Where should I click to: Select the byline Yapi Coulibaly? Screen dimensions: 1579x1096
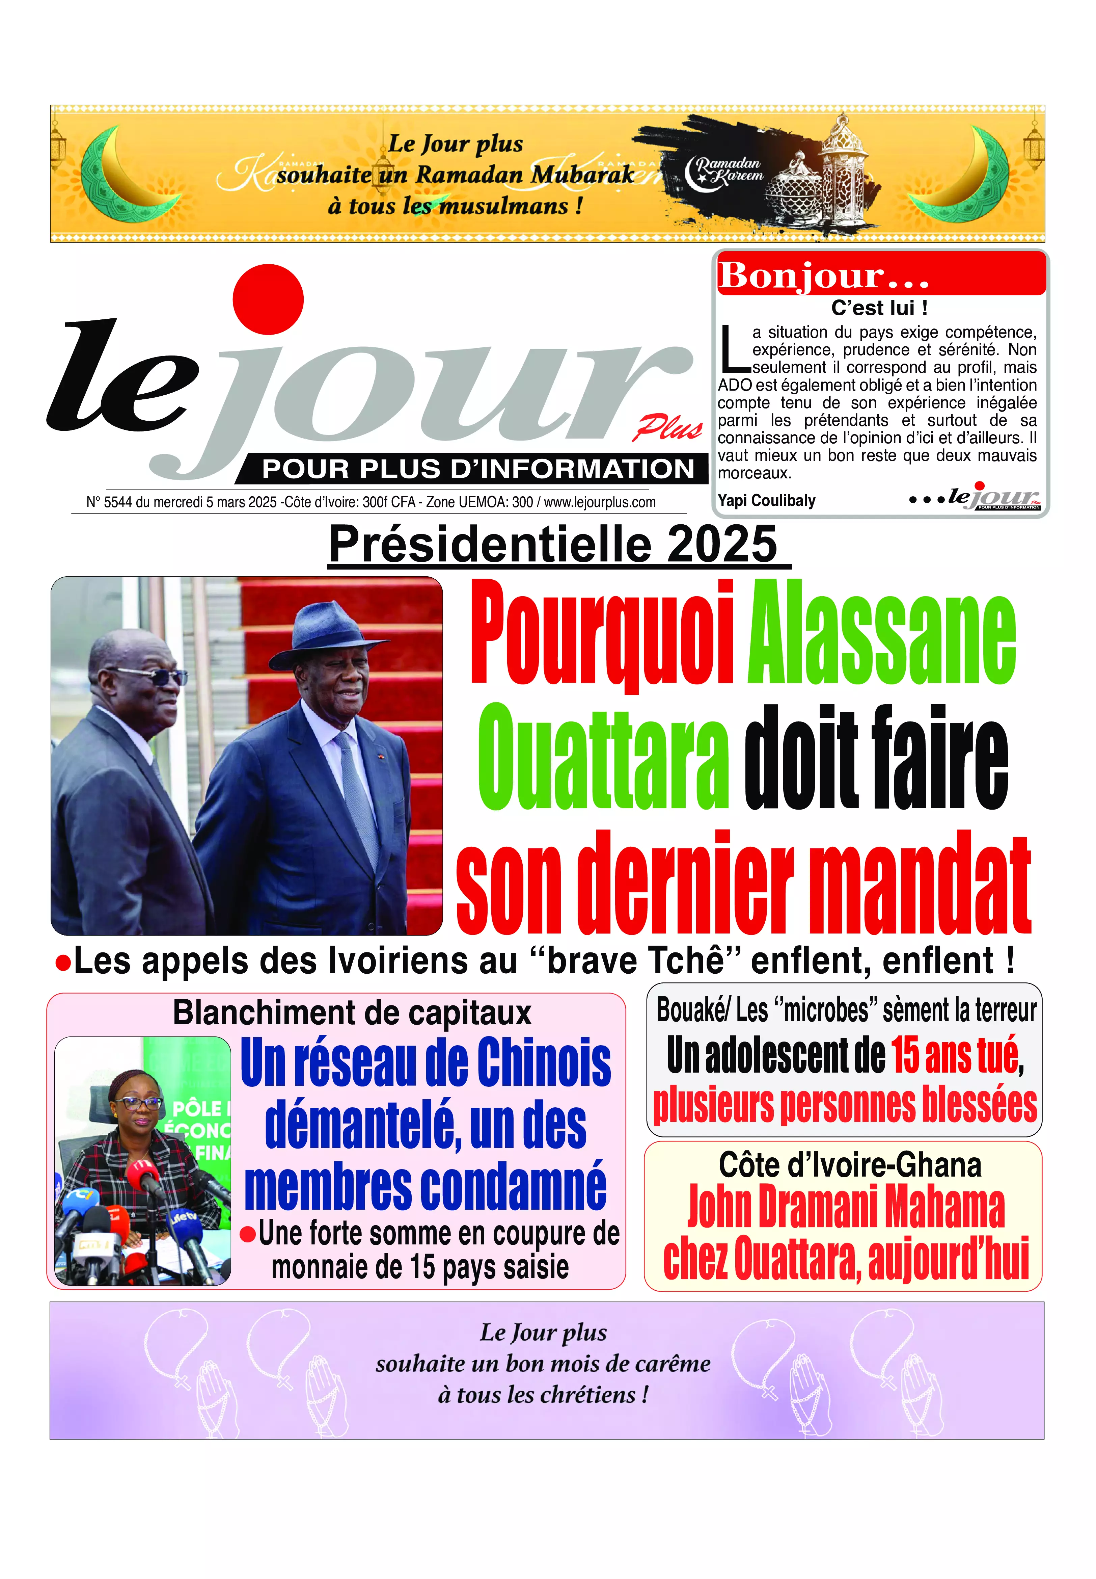click(766, 500)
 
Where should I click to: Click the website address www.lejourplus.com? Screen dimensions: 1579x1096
click(600, 502)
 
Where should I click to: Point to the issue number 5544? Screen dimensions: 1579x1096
click(118, 502)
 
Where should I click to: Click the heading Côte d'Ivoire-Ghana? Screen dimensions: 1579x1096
click(849, 1165)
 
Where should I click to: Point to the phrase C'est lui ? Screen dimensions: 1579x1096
click(880, 308)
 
